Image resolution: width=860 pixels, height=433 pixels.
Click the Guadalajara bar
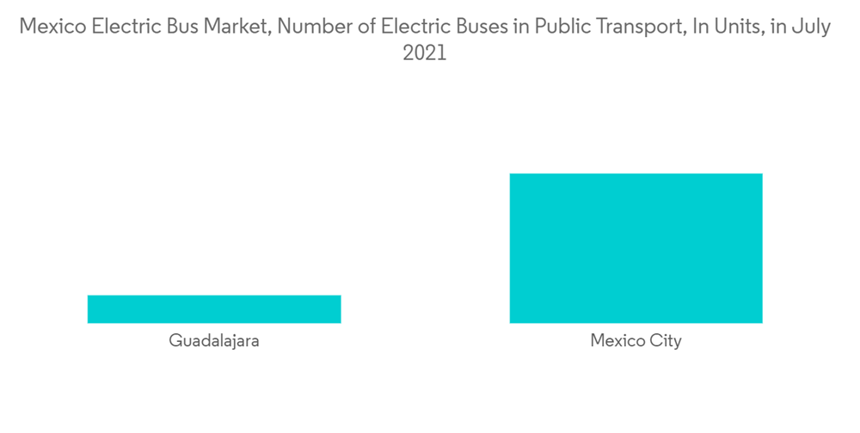[x=214, y=309]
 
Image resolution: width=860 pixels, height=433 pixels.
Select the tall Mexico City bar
[x=636, y=248]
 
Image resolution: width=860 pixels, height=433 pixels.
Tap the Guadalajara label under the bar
[x=214, y=341]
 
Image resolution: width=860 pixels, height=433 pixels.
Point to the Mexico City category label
[x=636, y=341]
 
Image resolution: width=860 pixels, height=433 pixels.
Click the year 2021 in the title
[x=425, y=53]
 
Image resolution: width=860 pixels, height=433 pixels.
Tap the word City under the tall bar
[x=665, y=341]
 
